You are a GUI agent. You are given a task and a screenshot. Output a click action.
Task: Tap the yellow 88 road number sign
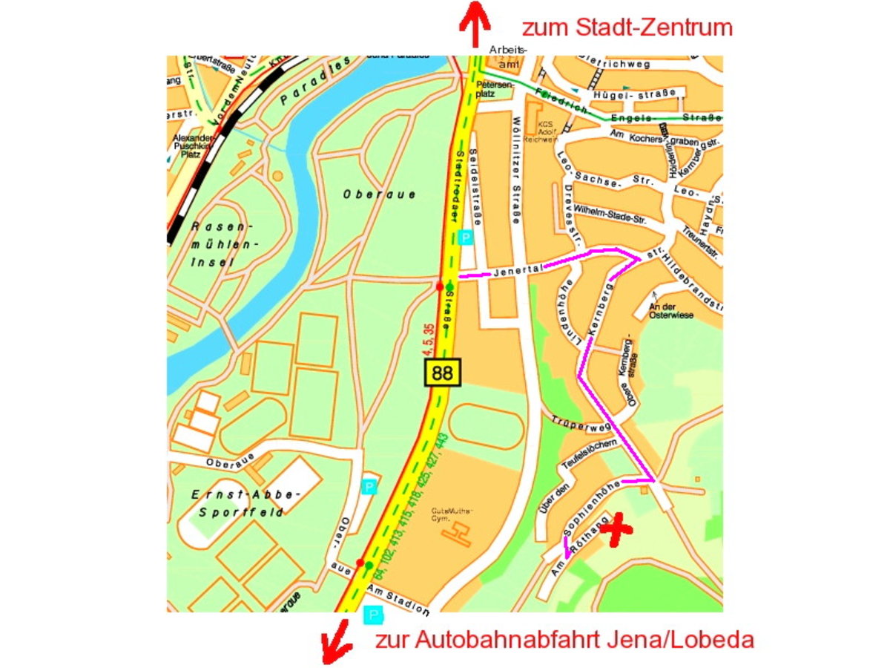[x=442, y=372]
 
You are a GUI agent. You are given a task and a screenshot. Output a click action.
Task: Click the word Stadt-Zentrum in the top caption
[x=653, y=28]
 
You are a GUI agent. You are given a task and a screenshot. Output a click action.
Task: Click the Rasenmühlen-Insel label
[x=222, y=244]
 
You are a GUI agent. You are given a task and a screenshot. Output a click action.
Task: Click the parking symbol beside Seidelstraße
[x=466, y=238]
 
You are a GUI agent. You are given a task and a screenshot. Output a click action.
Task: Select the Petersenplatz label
[x=495, y=89]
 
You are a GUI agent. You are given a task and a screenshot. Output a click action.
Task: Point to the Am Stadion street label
[x=398, y=600]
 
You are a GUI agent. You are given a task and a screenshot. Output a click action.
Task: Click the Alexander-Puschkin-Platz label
[x=192, y=145]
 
